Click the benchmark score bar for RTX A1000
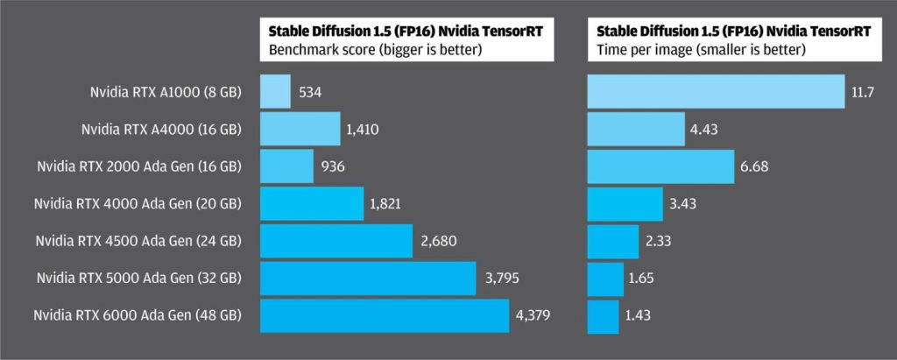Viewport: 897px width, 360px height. (275, 91)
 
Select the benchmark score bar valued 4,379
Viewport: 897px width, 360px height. (385, 316)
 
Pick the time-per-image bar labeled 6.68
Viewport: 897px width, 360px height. (660, 166)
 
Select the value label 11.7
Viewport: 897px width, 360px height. (863, 91)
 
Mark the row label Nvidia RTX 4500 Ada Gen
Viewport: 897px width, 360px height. (138, 241)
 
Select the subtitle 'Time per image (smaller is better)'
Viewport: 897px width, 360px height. (696, 49)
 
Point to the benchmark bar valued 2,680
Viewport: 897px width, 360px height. (336, 241)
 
